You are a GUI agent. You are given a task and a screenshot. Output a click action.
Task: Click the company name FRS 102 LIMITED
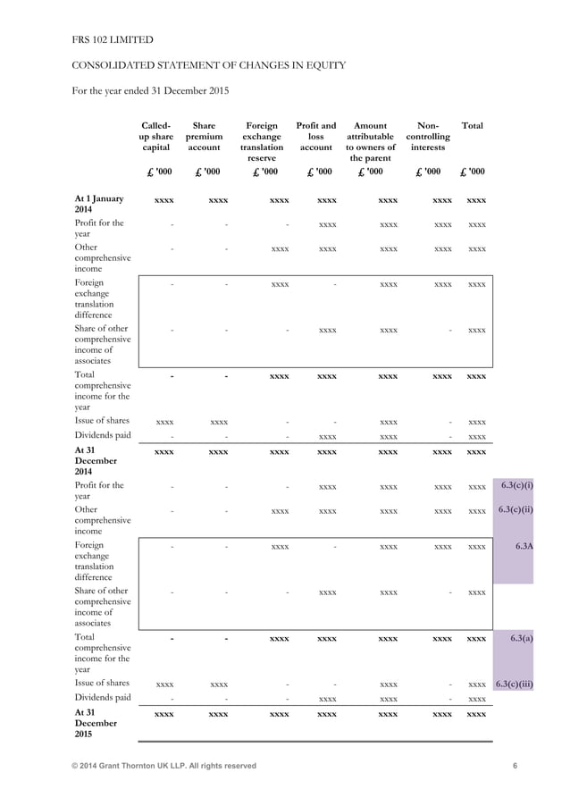tap(112, 39)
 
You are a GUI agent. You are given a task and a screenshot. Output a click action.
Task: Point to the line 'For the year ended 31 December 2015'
tap(150, 91)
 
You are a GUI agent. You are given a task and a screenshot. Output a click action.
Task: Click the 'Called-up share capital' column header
tap(157, 137)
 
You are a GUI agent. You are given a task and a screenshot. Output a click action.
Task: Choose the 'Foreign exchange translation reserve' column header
tap(262, 142)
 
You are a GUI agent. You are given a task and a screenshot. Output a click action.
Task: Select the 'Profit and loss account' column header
tap(315, 137)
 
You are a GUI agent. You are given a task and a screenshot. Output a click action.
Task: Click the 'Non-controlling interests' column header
tap(428, 137)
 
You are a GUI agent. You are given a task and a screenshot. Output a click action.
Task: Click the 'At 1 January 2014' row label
tap(99, 204)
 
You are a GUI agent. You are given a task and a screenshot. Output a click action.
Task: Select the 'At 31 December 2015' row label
tap(96, 724)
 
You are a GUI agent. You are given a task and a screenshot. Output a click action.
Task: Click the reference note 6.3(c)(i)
tap(517, 485)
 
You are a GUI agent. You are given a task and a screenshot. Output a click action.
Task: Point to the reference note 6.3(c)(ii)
tap(517, 509)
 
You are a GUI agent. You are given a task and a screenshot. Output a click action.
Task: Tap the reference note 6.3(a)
tap(521, 638)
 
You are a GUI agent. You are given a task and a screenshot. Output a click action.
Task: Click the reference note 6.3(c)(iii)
tap(515, 684)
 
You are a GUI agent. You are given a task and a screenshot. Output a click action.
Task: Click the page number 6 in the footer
tap(516, 766)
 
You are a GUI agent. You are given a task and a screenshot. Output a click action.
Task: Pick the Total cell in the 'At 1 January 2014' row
tap(476, 200)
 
